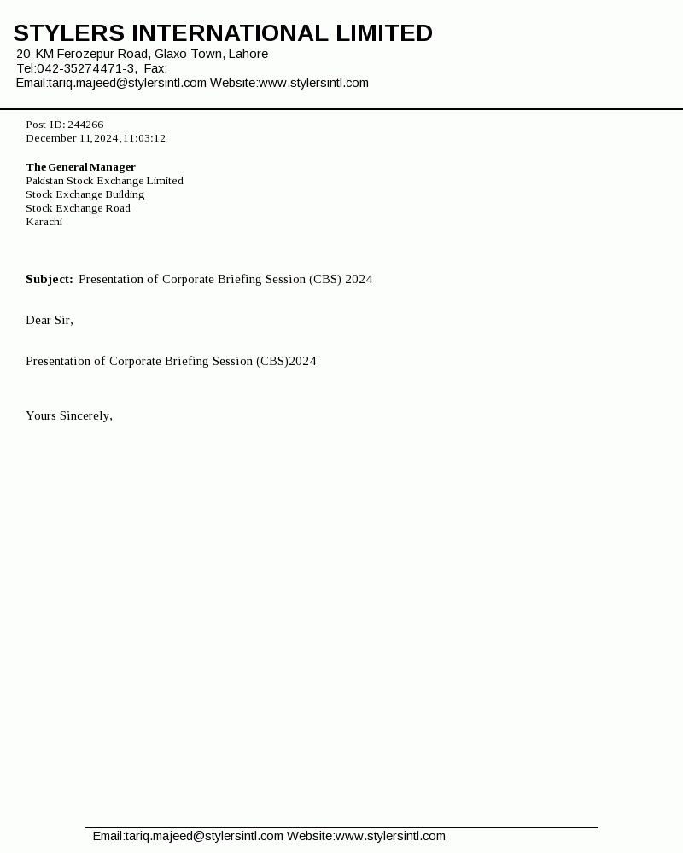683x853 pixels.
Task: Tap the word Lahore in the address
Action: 248,54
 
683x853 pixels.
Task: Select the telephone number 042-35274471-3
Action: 85,68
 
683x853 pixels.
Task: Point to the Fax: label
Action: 155,68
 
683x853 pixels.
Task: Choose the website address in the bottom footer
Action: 390,836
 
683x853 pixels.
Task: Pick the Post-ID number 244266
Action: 85,125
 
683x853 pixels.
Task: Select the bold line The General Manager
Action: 81,167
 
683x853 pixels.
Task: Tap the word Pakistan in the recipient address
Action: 45,181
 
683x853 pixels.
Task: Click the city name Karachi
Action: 44,222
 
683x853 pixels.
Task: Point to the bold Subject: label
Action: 50,279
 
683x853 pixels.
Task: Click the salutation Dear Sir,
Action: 50,320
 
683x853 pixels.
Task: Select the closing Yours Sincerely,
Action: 69,415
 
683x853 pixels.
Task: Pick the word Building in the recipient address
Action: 125,194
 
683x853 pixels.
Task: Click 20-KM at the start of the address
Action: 35,54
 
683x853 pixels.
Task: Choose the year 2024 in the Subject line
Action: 359,279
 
